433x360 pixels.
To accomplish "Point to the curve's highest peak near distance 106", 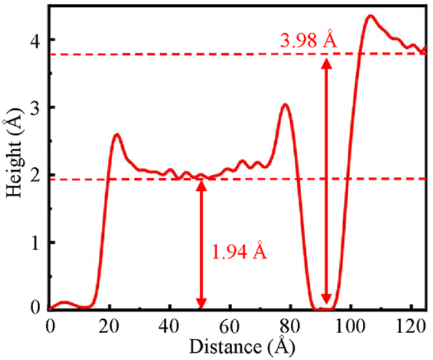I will coord(369,16).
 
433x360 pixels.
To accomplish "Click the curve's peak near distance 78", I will coord(285,105).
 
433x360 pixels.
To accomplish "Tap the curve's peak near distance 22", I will coord(117,135).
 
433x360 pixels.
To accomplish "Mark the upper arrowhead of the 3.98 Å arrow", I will coord(327,63).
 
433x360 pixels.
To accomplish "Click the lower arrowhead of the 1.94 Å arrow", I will coord(202,303).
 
